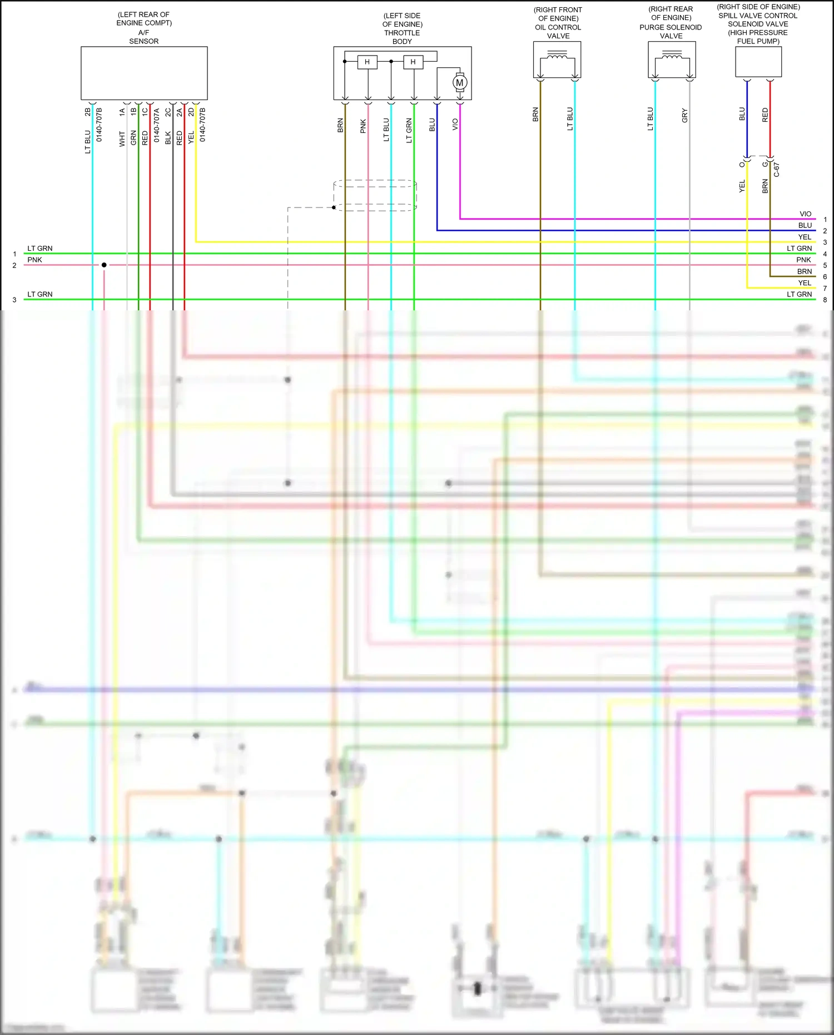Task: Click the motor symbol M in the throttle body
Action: point(460,83)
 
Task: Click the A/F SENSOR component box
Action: point(144,73)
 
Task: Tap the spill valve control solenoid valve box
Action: point(758,62)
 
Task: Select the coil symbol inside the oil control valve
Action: point(557,56)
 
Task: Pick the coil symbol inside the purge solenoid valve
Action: point(672,56)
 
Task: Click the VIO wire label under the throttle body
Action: point(455,124)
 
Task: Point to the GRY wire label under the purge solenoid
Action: point(684,116)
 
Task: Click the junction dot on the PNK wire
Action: point(104,265)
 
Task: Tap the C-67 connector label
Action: point(777,170)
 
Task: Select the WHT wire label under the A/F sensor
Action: point(122,139)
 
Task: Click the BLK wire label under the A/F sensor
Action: point(168,138)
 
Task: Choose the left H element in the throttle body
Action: point(367,62)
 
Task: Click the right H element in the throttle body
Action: point(413,62)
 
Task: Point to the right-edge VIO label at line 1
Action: point(805,214)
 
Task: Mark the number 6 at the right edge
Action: point(825,277)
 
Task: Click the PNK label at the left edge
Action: point(35,260)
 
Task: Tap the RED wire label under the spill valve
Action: point(765,115)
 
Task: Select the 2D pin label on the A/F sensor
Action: point(191,112)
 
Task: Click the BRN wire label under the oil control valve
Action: point(535,115)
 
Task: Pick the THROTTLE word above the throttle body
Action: point(402,33)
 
